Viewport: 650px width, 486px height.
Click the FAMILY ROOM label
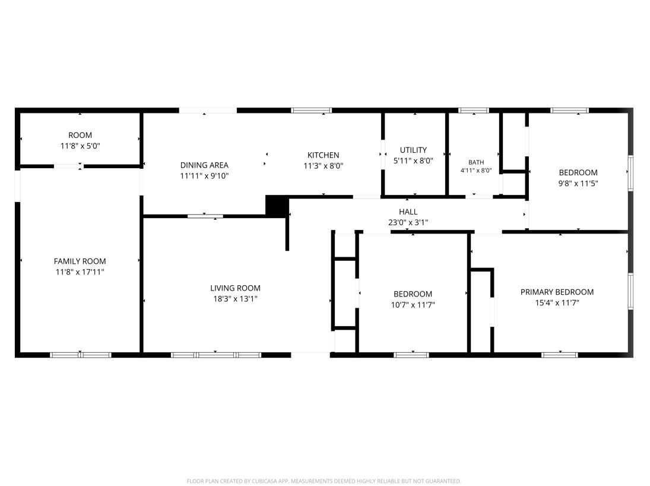[80, 261]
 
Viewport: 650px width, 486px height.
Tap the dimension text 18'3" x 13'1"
[235, 299]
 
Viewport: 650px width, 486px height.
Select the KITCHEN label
[324, 155]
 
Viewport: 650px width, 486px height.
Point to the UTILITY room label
[413, 150]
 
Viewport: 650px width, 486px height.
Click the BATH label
[476, 162]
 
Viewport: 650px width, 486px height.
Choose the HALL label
[408, 212]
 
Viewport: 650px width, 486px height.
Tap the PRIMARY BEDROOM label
[557, 292]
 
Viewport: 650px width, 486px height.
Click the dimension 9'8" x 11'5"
[578, 184]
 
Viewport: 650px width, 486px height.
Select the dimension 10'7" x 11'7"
[413, 305]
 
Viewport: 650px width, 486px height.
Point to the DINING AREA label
[204, 165]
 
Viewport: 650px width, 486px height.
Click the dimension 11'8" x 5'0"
[80, 146]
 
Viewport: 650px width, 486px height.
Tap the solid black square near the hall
[277, 206]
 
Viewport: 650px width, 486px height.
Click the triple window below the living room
[216, 355]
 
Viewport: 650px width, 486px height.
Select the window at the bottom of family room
[80, 355]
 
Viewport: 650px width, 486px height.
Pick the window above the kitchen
[311, 111]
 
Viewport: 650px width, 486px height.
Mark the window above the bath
[474, 111]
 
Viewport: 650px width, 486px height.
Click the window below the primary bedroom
[560, 355]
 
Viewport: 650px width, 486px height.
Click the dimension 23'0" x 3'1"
[408, 222]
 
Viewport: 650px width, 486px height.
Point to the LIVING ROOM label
[235, 288]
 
